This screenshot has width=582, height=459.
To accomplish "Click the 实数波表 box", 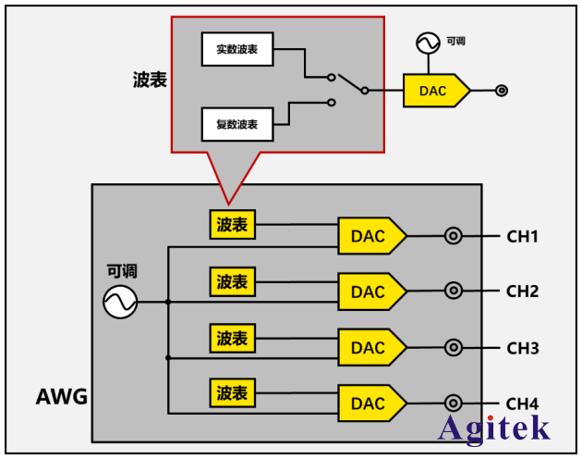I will (x=237, y=49).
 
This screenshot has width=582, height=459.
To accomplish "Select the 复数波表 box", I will (x=237, y=123).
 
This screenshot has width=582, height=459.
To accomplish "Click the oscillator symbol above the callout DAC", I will (x=428, y=43).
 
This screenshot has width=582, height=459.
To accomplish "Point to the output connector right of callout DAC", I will (x=502, y=91).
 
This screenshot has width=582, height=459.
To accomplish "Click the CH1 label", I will (x=522, y=236).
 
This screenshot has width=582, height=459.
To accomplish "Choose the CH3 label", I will (x=522, y=348).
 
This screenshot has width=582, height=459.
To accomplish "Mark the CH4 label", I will (x=522, y=403).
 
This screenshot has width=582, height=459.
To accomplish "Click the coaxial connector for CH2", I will (x=454, y=292).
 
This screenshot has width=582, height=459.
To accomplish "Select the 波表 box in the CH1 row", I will (x=233, y=224).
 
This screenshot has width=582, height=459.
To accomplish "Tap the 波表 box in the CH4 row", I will (x=233, y=392).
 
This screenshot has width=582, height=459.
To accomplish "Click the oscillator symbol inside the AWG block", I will (x=120, y=301).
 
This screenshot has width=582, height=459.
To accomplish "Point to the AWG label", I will (x=62, y=398).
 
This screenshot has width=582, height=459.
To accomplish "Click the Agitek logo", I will (x=494, y=428).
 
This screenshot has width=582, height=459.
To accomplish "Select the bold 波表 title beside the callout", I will (x=149, y=81).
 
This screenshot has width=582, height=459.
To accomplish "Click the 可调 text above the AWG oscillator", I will (x=121, y=271).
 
